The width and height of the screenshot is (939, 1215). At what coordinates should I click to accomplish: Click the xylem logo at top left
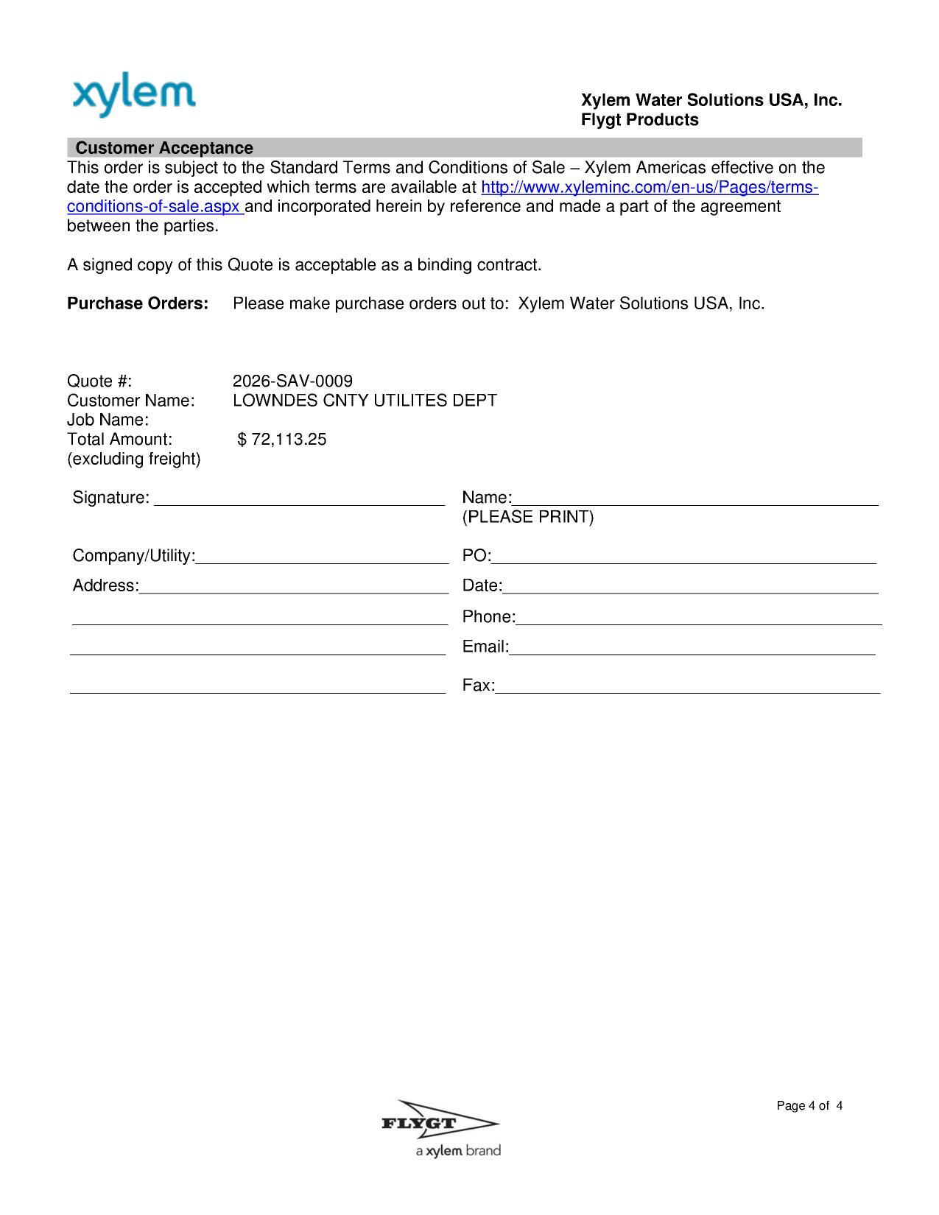[x=134, y=96]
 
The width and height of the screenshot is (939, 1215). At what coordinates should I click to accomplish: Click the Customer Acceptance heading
[x=164, y=148]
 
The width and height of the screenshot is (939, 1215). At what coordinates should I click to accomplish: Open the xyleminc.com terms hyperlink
[x=649, y=187]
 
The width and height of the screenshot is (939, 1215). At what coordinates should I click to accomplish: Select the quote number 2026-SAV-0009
[x=292, y=381]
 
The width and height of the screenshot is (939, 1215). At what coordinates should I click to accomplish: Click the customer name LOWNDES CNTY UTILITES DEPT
[x=365, y=401]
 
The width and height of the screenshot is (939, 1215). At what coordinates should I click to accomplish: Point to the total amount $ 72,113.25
[x=282, y=440]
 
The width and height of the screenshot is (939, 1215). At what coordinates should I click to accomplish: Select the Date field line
[x=690, y=588]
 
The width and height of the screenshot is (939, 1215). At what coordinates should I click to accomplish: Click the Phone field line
[x=698, y=619]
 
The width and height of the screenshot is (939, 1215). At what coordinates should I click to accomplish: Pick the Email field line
[x=692, y=649]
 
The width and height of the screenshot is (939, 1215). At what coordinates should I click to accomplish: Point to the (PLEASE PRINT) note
[x=527, y=517]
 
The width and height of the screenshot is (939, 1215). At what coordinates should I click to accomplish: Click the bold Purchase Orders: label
[x=138, y=303]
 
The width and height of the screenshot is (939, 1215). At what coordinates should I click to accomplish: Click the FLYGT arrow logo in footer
[x=440, y=1123]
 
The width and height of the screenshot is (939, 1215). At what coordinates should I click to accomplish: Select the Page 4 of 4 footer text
[x=809, y=1105]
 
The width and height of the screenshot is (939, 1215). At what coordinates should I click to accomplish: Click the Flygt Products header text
[x=639, y=120]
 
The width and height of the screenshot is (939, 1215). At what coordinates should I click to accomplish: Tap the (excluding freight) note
[x=133, y=459]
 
